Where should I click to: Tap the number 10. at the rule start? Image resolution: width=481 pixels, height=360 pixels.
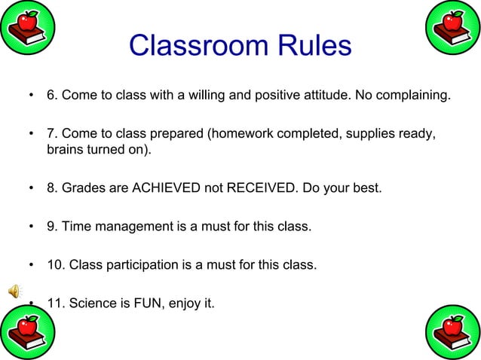(x=56, y=266)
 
